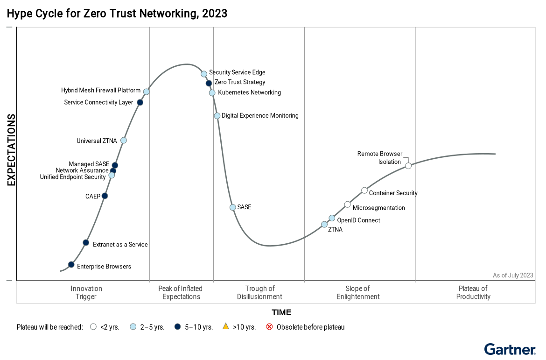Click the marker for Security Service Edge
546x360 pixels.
(204, 74)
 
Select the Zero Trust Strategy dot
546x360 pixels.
(209, 83)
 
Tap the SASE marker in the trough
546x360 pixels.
(233, 207)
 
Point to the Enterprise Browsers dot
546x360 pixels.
(71, 265)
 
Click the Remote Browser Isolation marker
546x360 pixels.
(408, 166)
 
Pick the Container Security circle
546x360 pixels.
(364, 190)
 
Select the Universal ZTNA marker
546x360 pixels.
(124, 141)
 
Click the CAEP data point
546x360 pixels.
(105, 196)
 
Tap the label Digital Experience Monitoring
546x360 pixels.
(260, 116)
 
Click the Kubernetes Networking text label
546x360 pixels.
(249, 92)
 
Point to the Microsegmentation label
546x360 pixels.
(378, 208)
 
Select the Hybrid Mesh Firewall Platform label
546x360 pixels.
(101, 91)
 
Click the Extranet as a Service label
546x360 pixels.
(120, 245)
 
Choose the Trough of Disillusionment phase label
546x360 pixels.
(259, 293)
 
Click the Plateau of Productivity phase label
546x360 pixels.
(473, 293)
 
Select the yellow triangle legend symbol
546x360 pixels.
(226, 327)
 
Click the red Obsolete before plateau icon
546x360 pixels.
(269, 327)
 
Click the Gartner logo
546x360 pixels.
(510, 349)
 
